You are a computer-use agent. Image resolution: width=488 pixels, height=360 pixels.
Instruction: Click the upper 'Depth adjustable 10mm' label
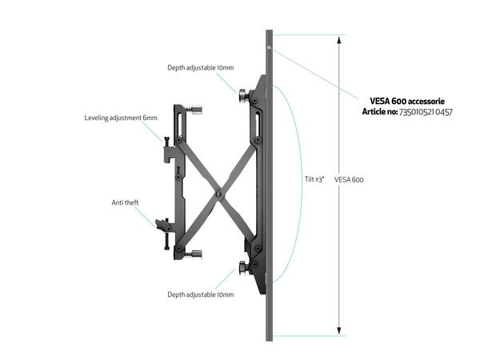pos(200,67)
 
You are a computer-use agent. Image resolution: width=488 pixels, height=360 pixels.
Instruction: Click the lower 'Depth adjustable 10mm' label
pos(200,294)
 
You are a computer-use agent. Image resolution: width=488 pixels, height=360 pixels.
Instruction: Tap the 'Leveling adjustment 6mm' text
pos(121,118)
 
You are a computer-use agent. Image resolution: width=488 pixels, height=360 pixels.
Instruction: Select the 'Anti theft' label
pos(125,202)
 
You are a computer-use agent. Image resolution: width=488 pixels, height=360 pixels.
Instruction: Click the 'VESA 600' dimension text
pos(349,179)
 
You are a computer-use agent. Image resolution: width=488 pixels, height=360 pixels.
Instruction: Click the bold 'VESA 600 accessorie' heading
pos(406,101)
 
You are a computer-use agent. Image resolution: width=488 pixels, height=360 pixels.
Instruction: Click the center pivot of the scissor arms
pos(217,192)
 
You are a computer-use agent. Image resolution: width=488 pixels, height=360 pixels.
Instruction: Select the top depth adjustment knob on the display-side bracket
pos(242,95)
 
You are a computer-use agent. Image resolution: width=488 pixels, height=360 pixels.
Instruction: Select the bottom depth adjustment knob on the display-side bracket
pos(242,266)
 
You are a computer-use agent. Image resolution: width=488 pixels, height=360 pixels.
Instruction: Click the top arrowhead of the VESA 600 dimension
pos(339,38)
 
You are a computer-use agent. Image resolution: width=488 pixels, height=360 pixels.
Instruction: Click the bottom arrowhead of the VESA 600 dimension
pos(339,331)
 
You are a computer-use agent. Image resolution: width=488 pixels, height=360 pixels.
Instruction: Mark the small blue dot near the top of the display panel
pos(270,48)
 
